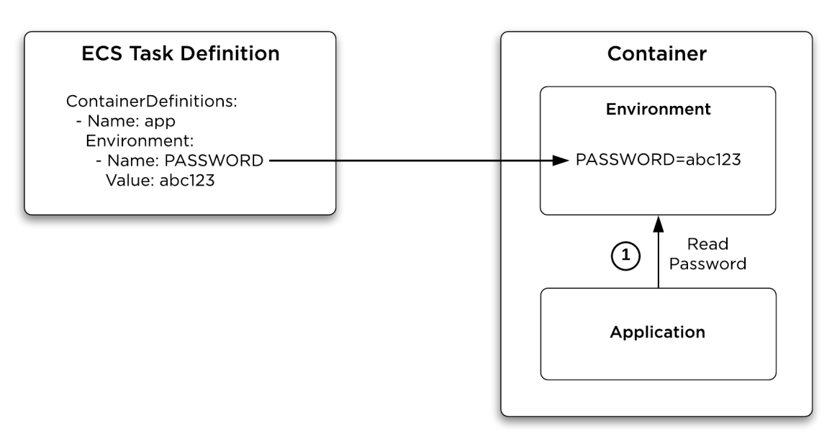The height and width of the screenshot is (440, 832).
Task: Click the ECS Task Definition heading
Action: [x=181, y=53]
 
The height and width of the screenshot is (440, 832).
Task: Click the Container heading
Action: [x=657, y=53]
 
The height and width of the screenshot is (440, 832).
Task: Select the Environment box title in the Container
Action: [x=658, y=109]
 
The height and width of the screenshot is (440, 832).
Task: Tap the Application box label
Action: [x=657, y=332]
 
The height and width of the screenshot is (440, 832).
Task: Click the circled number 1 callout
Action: [x=625, y=256]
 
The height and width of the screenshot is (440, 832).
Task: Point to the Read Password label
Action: [x=707, y=253]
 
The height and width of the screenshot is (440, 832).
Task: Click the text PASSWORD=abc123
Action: [x=658, y=160]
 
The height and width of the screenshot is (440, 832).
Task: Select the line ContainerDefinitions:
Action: [x=151, y=101]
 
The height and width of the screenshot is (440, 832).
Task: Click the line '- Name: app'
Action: [x=126, y=121]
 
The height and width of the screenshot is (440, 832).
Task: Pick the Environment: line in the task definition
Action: [x=140, y=140]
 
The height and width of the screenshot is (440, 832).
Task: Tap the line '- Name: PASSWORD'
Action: [x=179, y=161]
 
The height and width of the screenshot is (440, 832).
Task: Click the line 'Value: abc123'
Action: [x=160, y=181]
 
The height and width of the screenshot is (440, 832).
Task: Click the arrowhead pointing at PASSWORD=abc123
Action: [x=561, y=161]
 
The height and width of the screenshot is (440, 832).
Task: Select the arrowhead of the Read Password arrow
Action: [x=659, y=224]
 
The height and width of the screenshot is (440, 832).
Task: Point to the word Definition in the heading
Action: [x=230, y=53]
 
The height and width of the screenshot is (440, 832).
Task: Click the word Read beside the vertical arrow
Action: [x=707, y=244]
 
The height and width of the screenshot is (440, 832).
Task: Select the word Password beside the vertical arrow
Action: [x=707, y=264]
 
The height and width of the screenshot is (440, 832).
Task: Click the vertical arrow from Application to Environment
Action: [x=659, y=252]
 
